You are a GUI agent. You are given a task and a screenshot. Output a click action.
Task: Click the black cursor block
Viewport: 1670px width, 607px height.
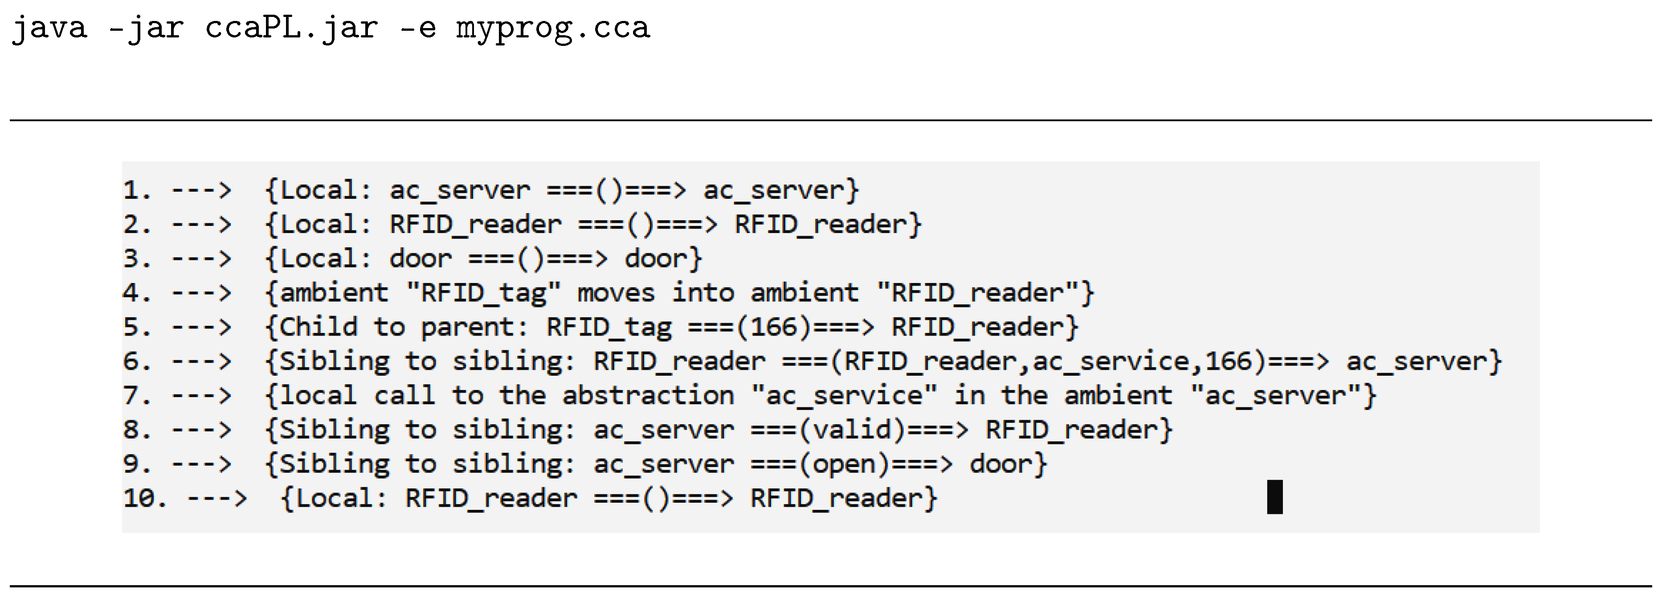tap(1274, 497)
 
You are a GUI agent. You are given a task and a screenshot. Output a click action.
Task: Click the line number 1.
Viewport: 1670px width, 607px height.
tap(136, 190)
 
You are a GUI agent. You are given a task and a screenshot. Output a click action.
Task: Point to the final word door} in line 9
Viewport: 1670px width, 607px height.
tap(1008, 463)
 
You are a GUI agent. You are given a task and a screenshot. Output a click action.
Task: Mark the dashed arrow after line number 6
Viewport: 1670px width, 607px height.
tap(201, 361)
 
